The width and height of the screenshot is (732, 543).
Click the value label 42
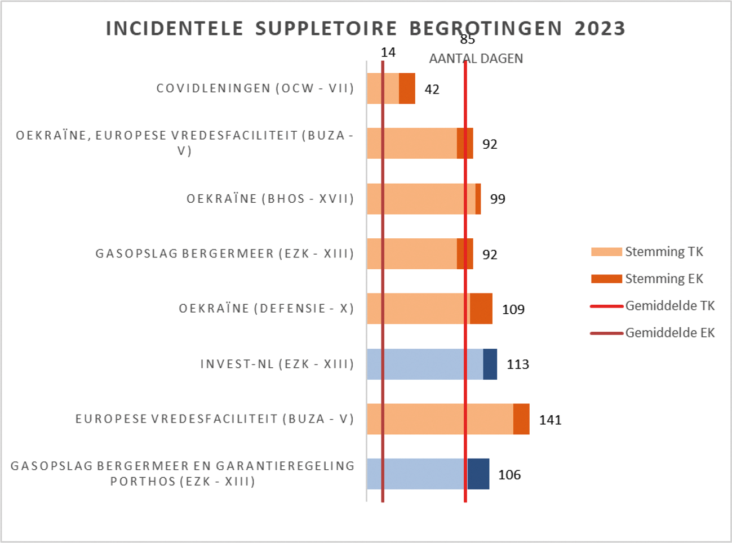432,89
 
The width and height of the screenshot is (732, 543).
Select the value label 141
550,420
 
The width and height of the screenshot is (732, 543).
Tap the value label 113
517,364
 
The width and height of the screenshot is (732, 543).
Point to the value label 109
513,309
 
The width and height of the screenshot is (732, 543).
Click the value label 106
509,475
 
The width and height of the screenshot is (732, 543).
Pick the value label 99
497,199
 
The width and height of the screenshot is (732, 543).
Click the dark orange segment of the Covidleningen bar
407,88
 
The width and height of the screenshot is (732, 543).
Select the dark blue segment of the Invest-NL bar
490,364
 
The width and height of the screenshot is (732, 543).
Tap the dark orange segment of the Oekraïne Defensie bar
481,309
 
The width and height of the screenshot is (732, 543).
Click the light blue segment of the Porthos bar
417,474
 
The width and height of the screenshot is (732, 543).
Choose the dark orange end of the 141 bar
521,419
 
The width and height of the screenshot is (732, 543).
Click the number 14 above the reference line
388,52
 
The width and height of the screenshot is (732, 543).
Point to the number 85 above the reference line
467,39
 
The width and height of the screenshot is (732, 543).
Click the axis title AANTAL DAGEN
476,59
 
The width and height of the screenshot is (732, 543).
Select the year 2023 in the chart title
600,29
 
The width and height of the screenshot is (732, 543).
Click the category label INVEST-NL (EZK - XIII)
277,364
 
